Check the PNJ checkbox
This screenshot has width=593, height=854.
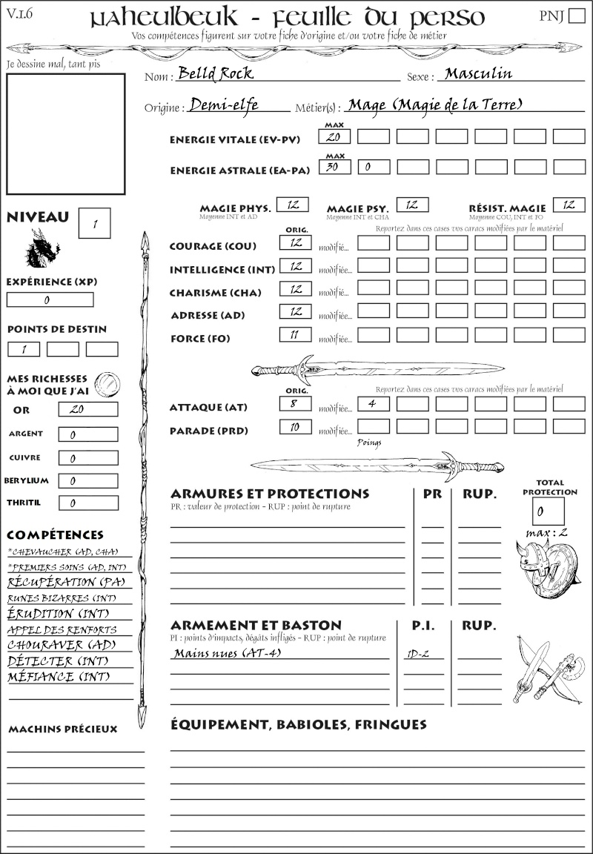[x=576, y=16]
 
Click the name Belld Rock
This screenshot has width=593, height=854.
[x=216, y=73]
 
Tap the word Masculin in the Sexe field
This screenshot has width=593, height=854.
[x=478, y=73]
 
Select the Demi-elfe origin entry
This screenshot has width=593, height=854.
[x=224, y=105]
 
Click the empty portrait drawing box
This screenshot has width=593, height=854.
[x=65, y=133]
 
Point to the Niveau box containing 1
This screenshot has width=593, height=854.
[x=94, y=222]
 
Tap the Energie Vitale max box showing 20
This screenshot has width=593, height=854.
[x=334, y=136]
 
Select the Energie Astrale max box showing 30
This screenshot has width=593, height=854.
[x=334, y=167]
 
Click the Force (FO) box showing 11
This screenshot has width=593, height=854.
[x=295, y=334]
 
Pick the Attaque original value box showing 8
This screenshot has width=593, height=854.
[x=295, y=404]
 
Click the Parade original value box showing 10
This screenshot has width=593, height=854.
[x=295, y=427]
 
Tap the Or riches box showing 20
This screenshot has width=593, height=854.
[x=87, y=409]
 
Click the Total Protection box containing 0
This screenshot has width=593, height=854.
[x=548, y=511]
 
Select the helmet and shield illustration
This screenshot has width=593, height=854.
[x=547, y=566]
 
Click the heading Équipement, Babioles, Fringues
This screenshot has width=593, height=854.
[x=298, y=724]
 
